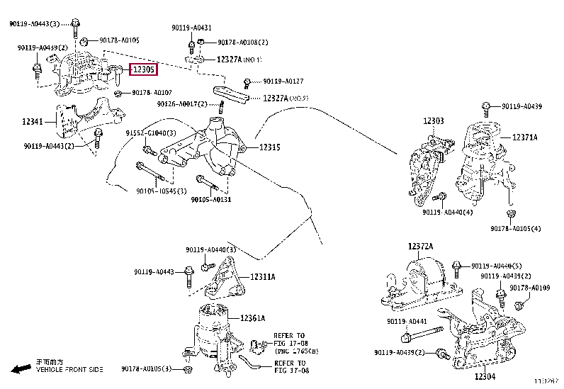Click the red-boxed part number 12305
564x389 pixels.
pyautogui.click(x=143, y=69)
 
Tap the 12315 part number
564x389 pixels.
pyautogui.click(x=269, y=147)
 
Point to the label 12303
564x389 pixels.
pyautogui.click(x=434, y=121)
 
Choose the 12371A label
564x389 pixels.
pyautogui.click(x=525, y=137)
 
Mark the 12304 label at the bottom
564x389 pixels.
pyautogui.click(x=486, y=377)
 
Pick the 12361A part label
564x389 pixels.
pyautogui.click(x=252, y=318)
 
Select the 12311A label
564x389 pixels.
pyautogui.click(x=262, y=277)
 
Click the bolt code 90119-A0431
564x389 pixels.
pyautogui.click(x=191, y=28)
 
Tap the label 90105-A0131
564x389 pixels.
pyautogui.click(x=210, y=199)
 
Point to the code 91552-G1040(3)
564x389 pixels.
pyautogui.click(x=146, y=133)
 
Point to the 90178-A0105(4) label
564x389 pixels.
pyautogui.click(x=515, y=228)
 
